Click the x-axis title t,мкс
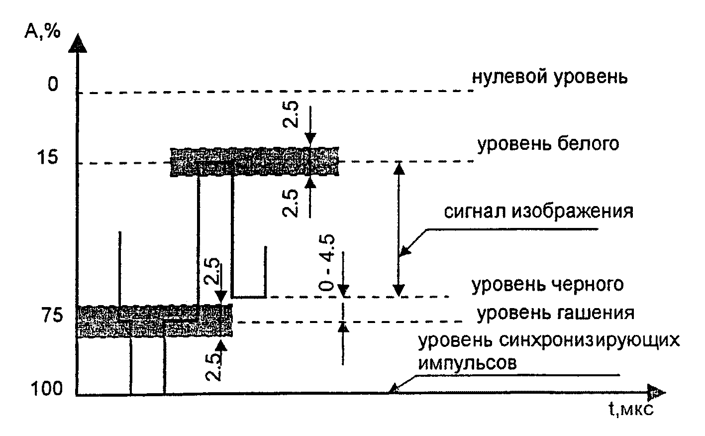[630, 410]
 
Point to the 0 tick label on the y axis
[53, 85]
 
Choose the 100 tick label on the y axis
[47, 388]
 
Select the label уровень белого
[549, 144]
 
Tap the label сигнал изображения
[539, 212]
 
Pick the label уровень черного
[548, 285]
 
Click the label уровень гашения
[556, 314]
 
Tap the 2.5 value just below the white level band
[291, 203]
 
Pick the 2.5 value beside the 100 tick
[214, 367]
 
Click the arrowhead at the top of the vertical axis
[78, 43]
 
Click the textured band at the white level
[254, 162]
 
